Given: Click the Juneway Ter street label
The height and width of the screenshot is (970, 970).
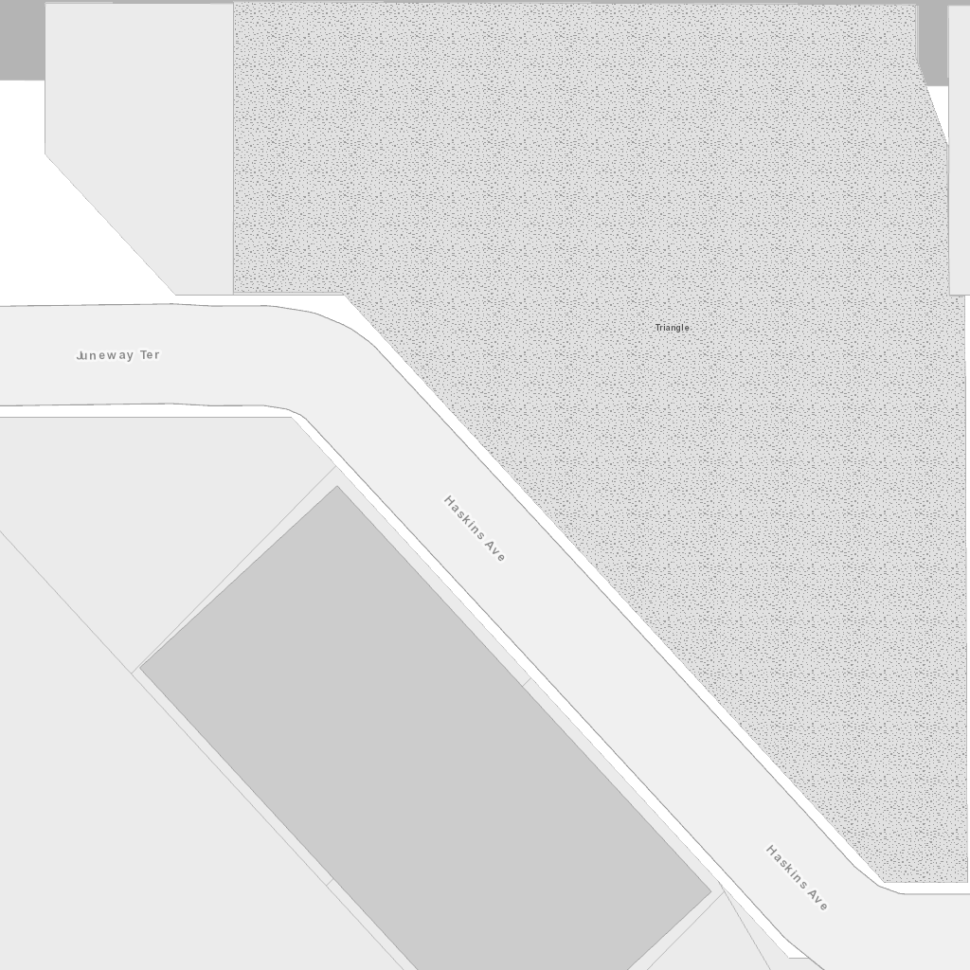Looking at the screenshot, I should coord(117,355).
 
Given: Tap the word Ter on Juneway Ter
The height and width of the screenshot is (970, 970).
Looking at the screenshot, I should coord(150,355).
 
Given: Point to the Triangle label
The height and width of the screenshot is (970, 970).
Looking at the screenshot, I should coord(673,328).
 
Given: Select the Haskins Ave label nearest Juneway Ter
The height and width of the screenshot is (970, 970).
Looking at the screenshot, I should coord(475,529).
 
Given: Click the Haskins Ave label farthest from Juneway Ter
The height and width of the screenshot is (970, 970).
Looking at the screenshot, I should coord(797,878).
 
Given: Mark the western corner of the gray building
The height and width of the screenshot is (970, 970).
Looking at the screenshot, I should coord(141,668).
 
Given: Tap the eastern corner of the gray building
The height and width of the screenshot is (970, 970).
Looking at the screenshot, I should coord(710,891).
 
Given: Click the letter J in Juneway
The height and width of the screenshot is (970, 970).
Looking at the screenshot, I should coord(79,356).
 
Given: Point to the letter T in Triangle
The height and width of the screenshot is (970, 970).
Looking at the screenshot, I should coord(657,328).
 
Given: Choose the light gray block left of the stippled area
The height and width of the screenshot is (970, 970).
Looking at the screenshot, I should coord(137,114).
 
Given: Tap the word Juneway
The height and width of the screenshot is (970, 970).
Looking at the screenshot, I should coord(105,355).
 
